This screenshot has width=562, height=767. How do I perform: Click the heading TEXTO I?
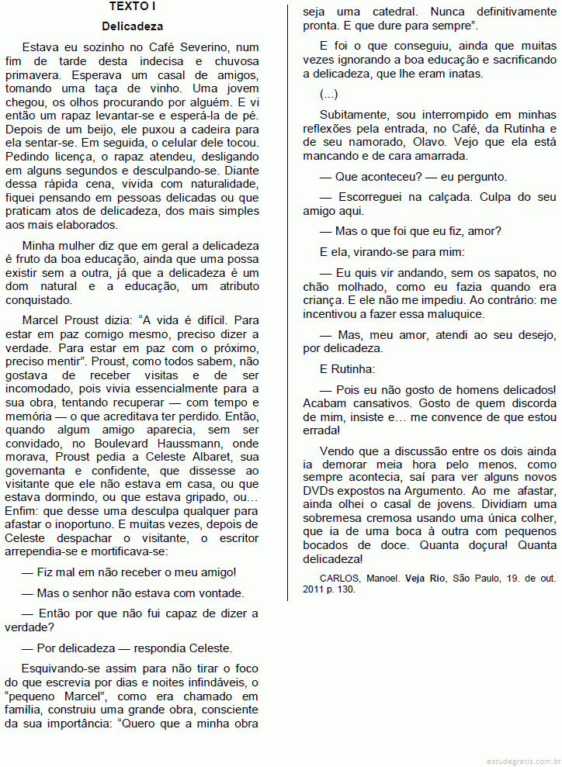[x=132, y=7]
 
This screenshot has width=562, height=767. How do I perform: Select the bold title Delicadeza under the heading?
[x=132, y=26]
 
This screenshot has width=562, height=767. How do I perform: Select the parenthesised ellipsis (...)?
[x=329, y=94]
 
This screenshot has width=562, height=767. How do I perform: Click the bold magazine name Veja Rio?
[x=426, y=578]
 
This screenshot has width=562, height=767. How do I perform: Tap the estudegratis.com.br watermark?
[x=519, y=761]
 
